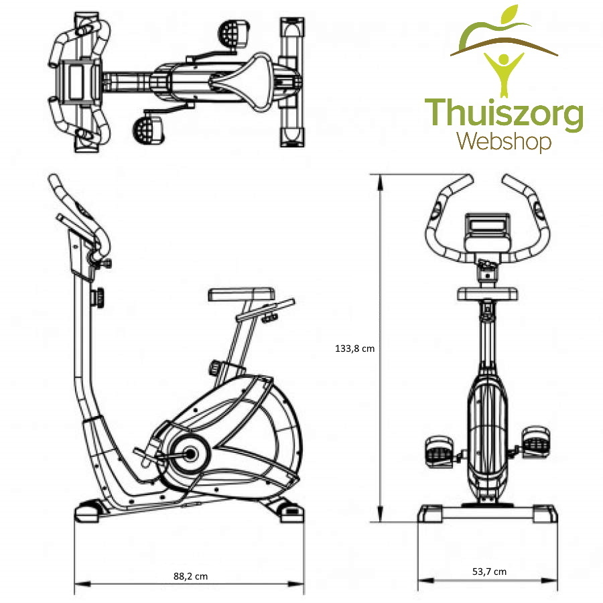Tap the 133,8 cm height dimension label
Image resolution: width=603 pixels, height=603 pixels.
354,348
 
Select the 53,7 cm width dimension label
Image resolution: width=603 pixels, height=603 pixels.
489,572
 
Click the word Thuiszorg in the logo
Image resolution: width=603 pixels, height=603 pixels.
504,115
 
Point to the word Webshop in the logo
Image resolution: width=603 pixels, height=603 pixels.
504,141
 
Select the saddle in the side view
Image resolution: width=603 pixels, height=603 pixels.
241,293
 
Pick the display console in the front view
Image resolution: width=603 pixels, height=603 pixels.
488,226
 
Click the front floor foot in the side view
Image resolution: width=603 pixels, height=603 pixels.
88,511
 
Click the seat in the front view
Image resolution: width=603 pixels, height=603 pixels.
487,293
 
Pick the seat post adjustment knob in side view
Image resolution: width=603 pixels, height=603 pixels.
216,367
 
